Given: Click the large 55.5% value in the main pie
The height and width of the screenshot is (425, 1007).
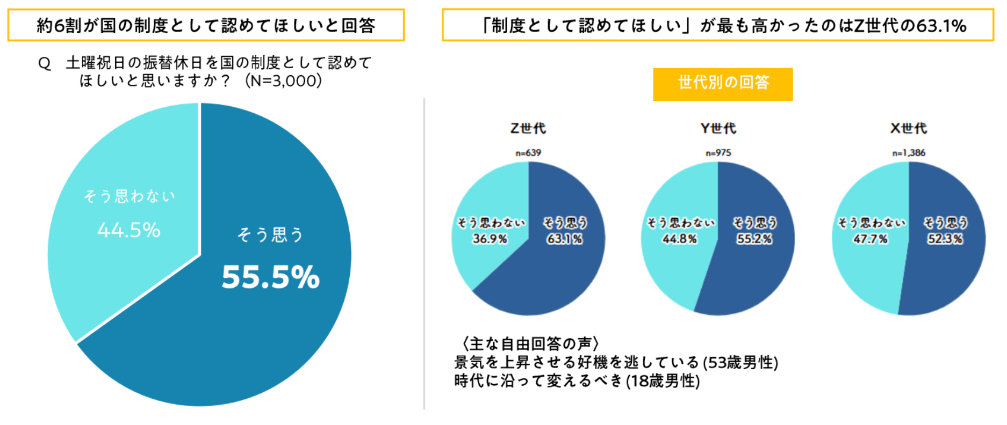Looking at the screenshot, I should pos(270,277).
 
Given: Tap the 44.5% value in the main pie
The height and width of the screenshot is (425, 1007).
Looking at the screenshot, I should pos(129,230).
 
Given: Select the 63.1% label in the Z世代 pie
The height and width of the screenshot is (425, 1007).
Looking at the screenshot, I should pos(564,239).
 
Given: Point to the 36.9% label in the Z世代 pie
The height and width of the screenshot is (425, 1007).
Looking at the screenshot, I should pos(490,239).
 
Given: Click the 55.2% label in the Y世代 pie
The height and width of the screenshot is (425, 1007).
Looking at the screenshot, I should pos(754,239).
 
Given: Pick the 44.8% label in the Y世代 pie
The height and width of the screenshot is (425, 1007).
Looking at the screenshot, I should pos(679,239).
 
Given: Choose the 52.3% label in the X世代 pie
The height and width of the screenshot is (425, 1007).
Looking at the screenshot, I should pos(945,239).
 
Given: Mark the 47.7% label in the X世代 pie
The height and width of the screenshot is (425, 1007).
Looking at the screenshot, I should pos(870,239).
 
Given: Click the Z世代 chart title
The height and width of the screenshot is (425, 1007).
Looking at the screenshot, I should pos(528,128).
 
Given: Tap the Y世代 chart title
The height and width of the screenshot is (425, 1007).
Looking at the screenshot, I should pos(718,128).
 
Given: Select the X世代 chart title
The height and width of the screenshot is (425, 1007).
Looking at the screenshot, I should pos(908,128).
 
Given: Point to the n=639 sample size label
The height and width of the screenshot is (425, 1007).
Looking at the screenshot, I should pos(528,153).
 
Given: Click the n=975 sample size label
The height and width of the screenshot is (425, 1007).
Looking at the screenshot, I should pos(718,153).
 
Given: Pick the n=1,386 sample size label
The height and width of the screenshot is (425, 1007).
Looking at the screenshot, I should pos(909,153).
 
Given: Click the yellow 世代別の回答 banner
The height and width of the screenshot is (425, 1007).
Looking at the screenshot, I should pos(723,84).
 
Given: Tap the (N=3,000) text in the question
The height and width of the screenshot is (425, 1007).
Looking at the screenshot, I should pos(283,81).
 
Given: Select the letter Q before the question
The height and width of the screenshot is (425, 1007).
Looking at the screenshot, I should pos(45,64).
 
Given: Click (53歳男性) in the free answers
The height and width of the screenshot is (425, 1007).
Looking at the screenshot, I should pos(740,363).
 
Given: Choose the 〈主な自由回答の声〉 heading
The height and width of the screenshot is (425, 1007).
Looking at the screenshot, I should pos(530,343).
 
